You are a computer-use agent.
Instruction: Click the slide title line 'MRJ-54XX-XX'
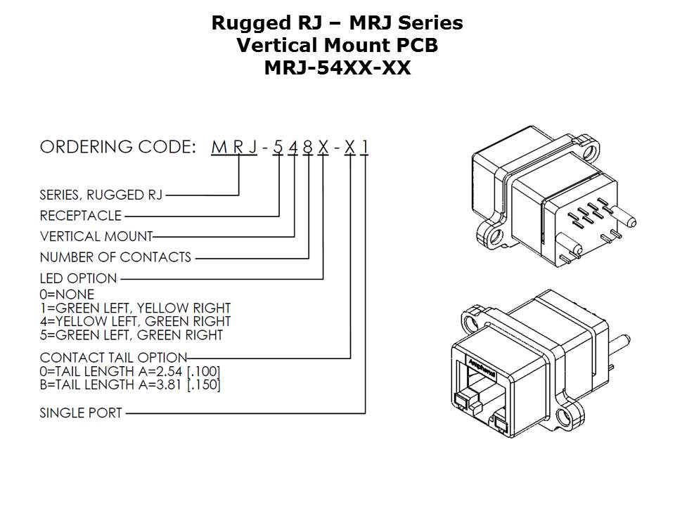coord(337,68)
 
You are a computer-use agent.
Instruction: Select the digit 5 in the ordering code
coord(279,148)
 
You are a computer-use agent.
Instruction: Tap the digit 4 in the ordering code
coord(294,148)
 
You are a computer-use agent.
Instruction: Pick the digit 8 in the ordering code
coord(308,148)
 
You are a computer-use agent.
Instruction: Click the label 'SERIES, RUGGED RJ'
coord(101,195)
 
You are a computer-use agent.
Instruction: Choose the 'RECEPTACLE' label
coord(81,216)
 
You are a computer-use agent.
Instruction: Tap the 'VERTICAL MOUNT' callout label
coord(96,236)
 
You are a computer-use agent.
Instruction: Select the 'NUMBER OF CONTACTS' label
coord(115,257)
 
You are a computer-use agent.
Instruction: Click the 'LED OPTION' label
coord(79,278)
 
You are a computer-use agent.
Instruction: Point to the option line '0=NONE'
coord(67,294)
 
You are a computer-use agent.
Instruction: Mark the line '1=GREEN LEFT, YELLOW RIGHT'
coord(135,308)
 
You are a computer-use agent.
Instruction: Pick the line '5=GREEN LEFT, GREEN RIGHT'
coord(131,335)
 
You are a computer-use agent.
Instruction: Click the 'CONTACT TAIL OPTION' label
coord(113,358)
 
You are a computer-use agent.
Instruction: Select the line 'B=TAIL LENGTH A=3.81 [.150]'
coord(130,384)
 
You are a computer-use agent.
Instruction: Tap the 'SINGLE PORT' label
coord(81,413)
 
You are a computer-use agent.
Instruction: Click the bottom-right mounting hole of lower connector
coord(564,420)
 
